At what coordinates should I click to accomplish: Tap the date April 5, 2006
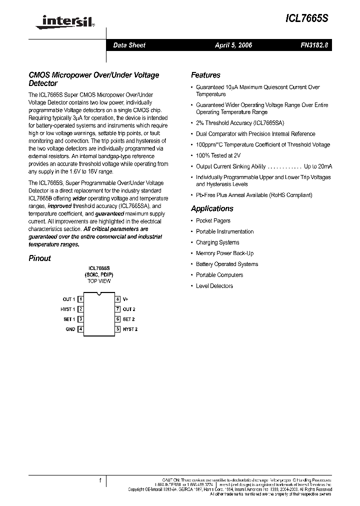click(x=233, y=45)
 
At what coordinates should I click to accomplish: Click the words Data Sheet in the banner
click(x=129, y=45)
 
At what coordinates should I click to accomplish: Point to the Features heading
click(x=205, y=75)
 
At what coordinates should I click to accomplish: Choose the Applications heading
click(x=212, y=208)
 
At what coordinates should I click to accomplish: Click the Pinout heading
click(x=40, y=258)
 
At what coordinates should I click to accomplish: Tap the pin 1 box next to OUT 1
click(x=80, y=299)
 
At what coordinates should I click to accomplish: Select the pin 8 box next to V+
click(x=117, y=299)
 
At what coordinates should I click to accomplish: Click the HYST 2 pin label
click(x=130, y=329)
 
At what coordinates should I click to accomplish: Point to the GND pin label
click(x=70, y=329)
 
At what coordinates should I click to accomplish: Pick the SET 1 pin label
click(x=69, y=319)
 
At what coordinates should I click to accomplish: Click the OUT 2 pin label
click(x=129, y=309)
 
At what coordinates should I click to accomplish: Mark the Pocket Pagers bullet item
click(x=213, y=220)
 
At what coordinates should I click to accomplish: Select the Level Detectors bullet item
click(x=214, y=286)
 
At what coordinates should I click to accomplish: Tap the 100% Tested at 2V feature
click(x=218, y=155)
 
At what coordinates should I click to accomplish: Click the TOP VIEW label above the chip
click(x=99, y=281)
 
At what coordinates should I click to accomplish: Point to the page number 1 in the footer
click(x=100, y=480)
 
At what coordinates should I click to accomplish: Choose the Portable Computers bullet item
click(x=219, y=275)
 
